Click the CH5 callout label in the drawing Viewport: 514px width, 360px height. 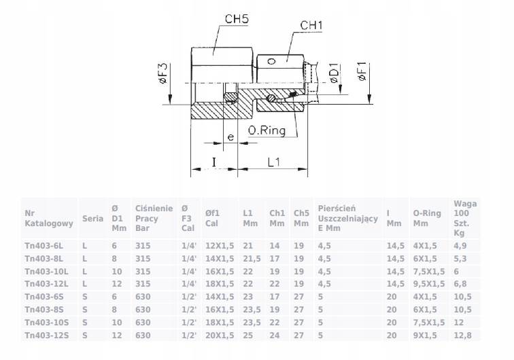pyautogui.click(x=237, y=20)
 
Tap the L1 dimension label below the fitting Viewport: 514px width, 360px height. pyautogui.click(x=275, y=163)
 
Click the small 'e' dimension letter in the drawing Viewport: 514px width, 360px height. pyautogui.click(x=231, y=137)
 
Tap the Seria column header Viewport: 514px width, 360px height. pyautogui.click(x=92, y=219)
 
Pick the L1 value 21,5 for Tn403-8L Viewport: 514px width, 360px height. pyautogui.click(x=251, y=258)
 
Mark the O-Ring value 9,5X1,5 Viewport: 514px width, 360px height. pyautogui.click(x=429, y=283)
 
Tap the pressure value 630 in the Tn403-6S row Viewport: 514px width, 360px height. pyautogui.click(x=142, y=296)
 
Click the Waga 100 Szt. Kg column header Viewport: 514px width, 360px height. pyautogui.click(x=464, y=218)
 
